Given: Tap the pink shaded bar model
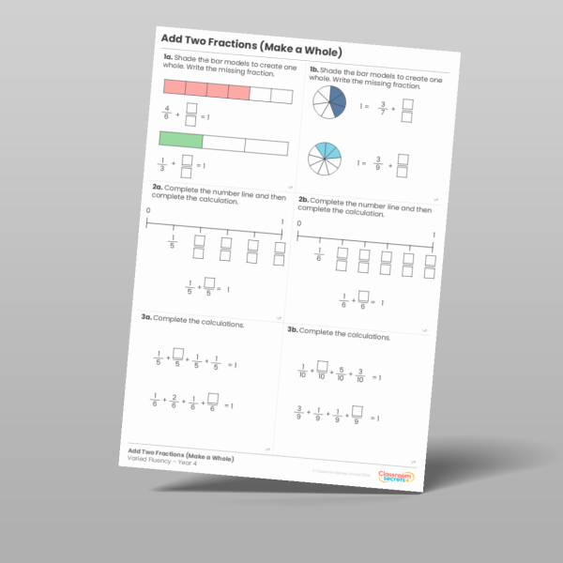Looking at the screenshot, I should click(x=205, y=90).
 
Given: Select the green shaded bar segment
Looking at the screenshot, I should click(x=180, y=141).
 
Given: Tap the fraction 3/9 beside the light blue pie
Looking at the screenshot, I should click(x=378, y=166).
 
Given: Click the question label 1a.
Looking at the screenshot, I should click(x=166, y=59).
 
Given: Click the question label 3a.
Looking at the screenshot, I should click(x=147, y=319).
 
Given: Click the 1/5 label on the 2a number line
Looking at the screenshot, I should click(x=172, y=243).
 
